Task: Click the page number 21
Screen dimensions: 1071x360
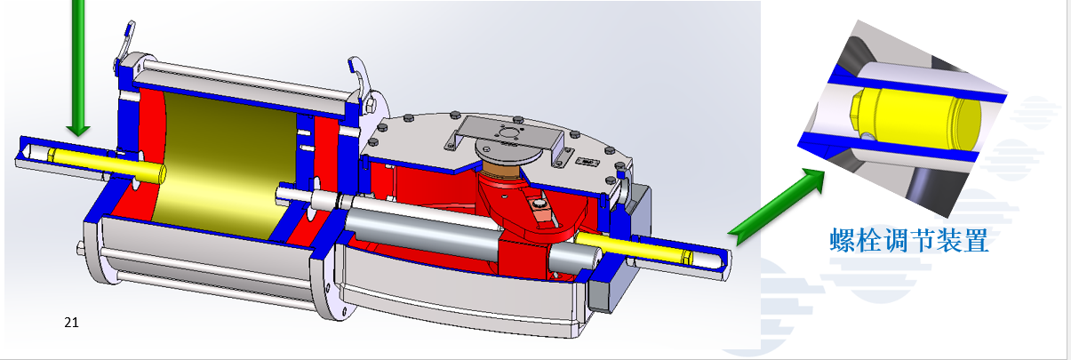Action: [71, 323]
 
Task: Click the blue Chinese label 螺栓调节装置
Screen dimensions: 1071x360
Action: [909, 240]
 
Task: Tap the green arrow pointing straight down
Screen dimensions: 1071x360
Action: [78, 67]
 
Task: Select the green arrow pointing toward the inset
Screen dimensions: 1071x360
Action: [777, 206]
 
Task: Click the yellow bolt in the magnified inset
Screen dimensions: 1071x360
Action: [915, 117]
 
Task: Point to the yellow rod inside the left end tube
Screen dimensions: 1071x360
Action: [107, 164]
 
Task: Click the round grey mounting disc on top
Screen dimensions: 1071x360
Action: [508, 151]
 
